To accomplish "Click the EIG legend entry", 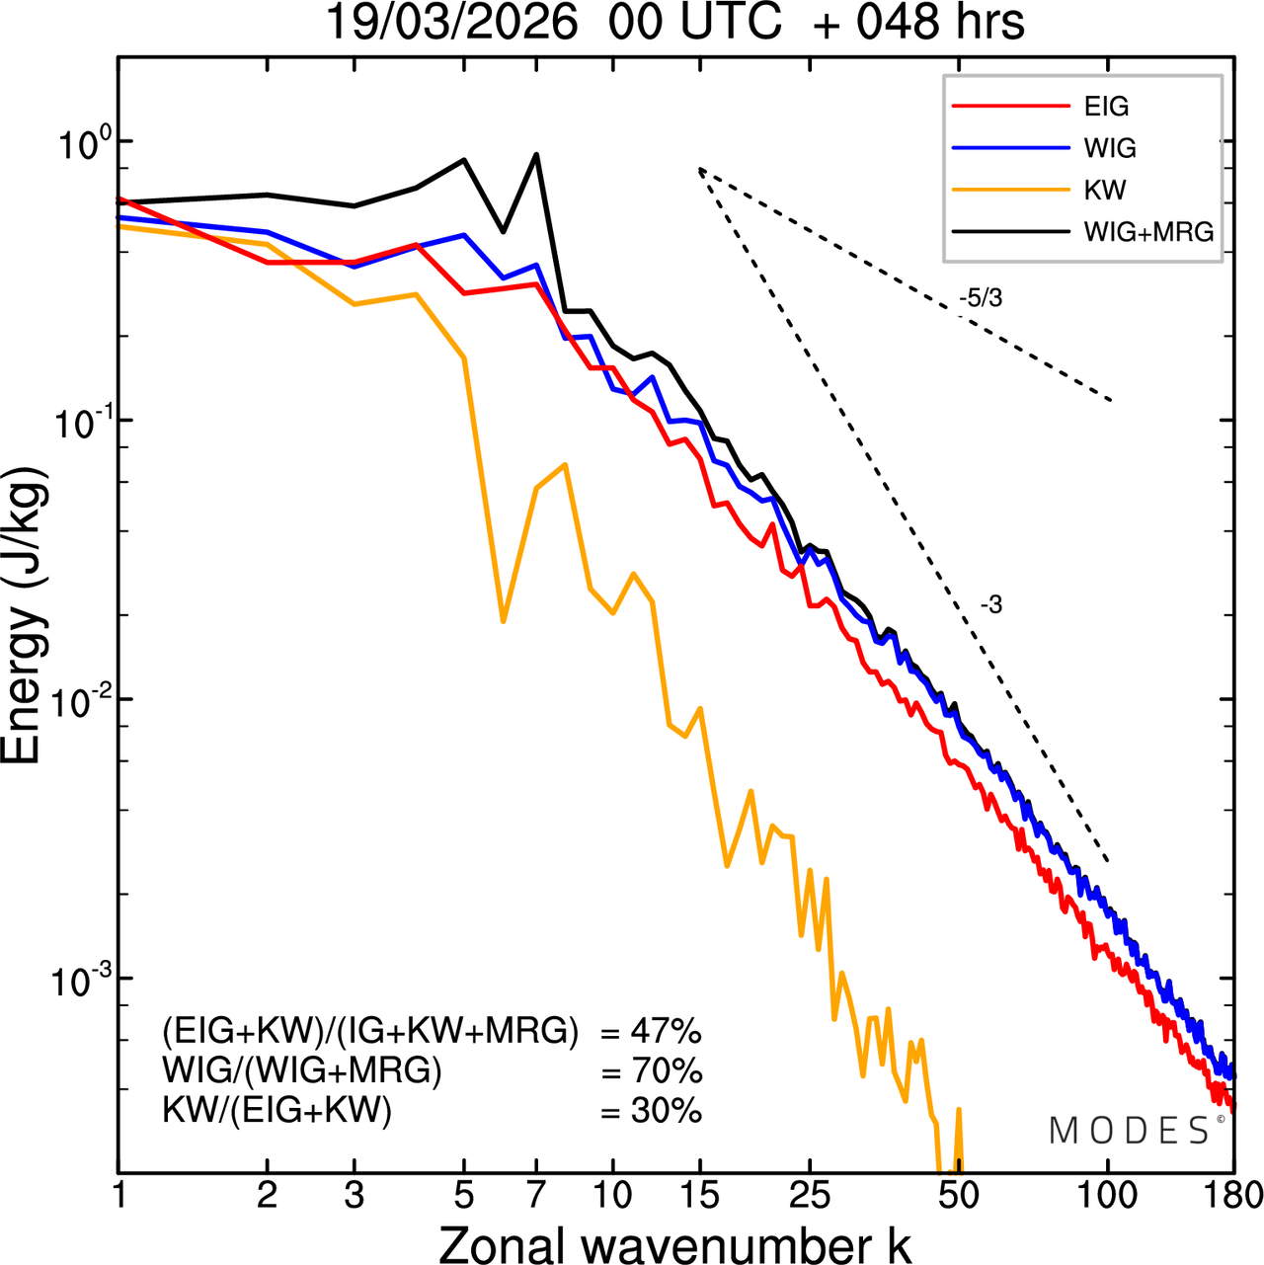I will point(1106,107).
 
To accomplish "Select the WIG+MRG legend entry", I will point(1148,232).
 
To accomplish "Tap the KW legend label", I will point(1104,190).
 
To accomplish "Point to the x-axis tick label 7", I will point(536,1195).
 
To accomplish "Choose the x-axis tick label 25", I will point(809,1195).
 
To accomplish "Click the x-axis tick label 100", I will point(1107,1195).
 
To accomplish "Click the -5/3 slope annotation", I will point(980,297).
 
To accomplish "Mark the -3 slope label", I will point(990,605).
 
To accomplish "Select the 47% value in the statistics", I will point(666,1032).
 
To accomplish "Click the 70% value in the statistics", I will point(666,1071).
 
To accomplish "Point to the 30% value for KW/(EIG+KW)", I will point(666,1111).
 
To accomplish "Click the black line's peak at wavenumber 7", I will point(536,154).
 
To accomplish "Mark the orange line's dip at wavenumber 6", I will point(503,621).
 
